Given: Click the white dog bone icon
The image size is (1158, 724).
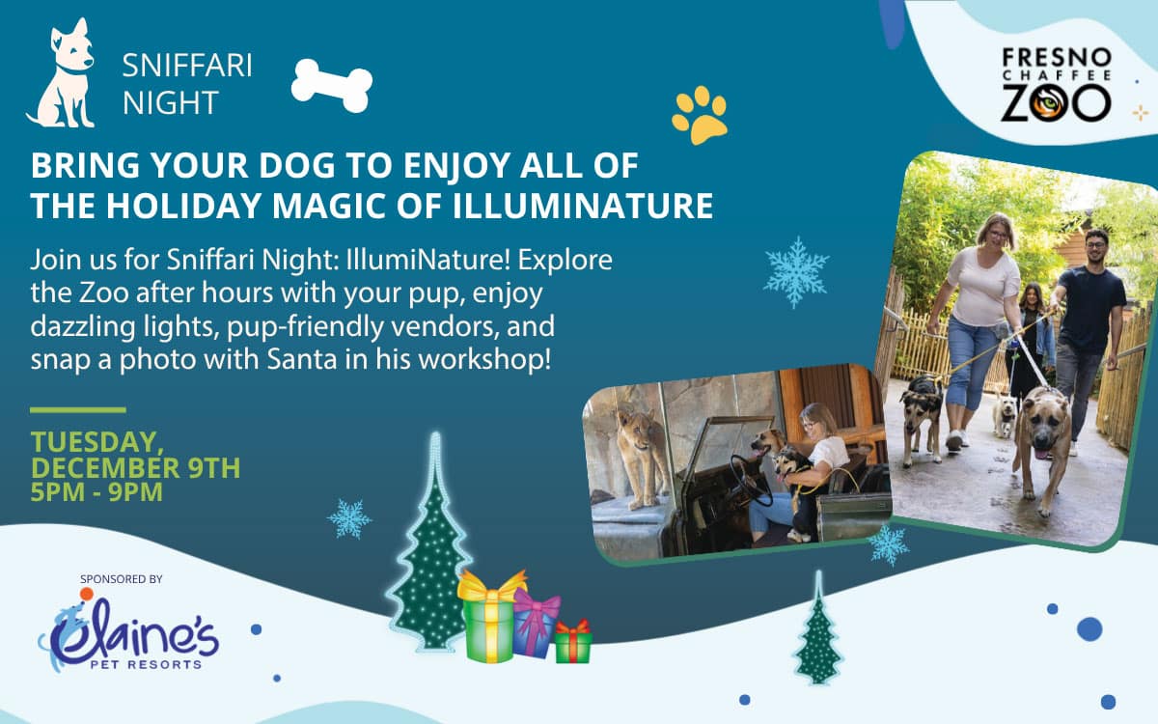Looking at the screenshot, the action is (332, 85).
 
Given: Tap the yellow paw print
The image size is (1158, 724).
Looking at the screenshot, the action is (700, 115).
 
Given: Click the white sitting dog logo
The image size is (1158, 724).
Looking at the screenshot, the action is (63, 73).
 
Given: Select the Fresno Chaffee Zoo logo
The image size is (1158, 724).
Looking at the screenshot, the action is (1056, 85).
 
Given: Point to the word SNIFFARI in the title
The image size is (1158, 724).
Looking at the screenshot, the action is (187, 66).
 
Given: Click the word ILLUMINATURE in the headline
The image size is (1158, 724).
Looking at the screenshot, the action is (583, 206).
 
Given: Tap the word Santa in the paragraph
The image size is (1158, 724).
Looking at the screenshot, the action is (302, 359).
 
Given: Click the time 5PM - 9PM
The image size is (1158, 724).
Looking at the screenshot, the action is (96, 491).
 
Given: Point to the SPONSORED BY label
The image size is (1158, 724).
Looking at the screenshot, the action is (121, 579).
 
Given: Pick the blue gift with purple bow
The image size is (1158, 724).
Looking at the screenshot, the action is (535, 624).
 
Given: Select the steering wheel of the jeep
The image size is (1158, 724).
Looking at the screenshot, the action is (749, 480).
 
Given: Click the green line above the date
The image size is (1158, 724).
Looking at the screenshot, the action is (78, 410).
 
